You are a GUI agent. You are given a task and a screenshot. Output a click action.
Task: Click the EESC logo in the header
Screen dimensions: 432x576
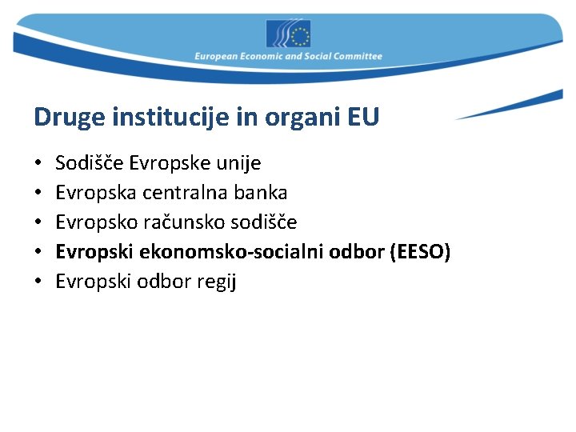[288, 34]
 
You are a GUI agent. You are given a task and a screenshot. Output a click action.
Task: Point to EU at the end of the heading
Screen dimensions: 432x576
[363, 118]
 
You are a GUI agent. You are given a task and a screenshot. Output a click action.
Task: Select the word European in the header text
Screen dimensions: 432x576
[216, 57]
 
